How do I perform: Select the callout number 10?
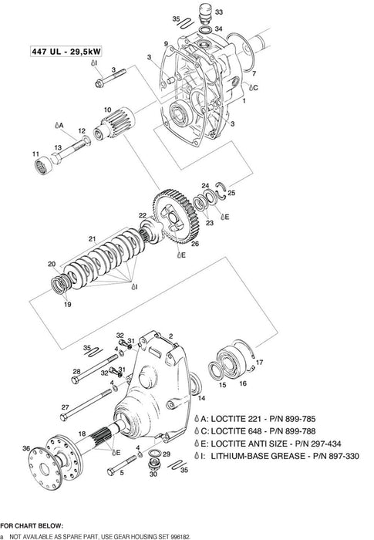point(106,110)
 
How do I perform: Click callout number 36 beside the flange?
point(26,448)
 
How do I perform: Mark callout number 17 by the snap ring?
point(259,362)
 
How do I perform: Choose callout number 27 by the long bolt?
point(65,407)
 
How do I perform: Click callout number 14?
point(202,399)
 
